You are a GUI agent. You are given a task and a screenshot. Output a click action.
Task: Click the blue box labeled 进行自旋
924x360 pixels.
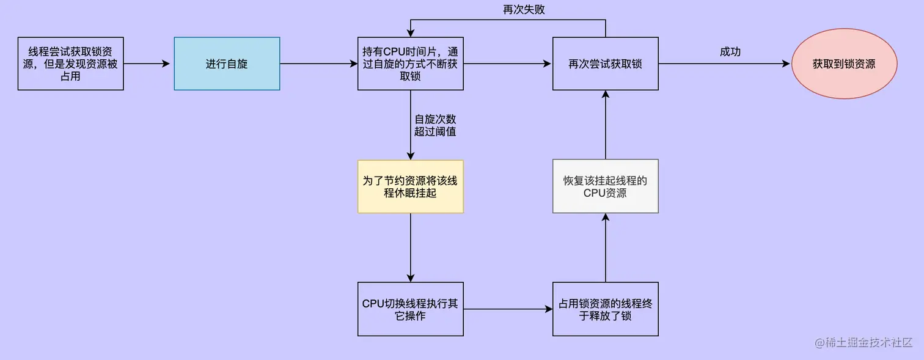227,64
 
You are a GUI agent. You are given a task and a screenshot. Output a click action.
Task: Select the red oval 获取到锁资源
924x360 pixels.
844,64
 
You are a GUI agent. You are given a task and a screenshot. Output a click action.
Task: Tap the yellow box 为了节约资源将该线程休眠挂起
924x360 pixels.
410,186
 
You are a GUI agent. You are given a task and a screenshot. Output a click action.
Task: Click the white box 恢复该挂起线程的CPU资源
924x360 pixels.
605,186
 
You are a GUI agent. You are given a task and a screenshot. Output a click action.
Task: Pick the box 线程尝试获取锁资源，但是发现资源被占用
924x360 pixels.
71,64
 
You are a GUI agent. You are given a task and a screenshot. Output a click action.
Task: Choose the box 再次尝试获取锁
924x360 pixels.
605,64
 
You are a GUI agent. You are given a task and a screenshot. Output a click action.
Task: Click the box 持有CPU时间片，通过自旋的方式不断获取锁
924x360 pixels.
410,64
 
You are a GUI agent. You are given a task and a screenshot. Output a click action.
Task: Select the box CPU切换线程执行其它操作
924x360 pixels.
410,309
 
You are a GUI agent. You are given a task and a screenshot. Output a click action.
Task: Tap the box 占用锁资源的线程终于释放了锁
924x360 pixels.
605,309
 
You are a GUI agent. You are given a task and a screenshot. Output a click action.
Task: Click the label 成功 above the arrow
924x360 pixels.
730,52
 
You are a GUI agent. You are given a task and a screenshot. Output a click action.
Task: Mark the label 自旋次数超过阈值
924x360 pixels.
435,125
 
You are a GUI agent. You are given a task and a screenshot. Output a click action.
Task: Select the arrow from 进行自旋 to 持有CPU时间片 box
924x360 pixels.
318,64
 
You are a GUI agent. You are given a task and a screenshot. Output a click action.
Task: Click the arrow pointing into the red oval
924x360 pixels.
724,64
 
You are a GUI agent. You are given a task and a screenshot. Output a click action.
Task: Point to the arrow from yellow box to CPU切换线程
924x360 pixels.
410,248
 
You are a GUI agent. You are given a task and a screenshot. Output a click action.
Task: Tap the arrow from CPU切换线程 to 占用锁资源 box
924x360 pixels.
508,309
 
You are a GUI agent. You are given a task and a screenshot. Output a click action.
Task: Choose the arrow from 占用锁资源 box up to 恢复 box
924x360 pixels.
605,248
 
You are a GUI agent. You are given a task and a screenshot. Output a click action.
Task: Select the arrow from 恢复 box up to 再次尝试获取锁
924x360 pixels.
605,125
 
